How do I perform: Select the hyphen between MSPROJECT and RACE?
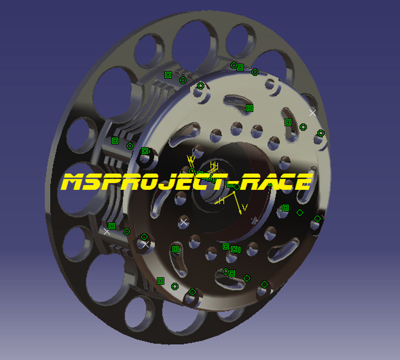234,182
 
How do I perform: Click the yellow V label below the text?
245,207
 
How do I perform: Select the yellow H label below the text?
222,201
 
